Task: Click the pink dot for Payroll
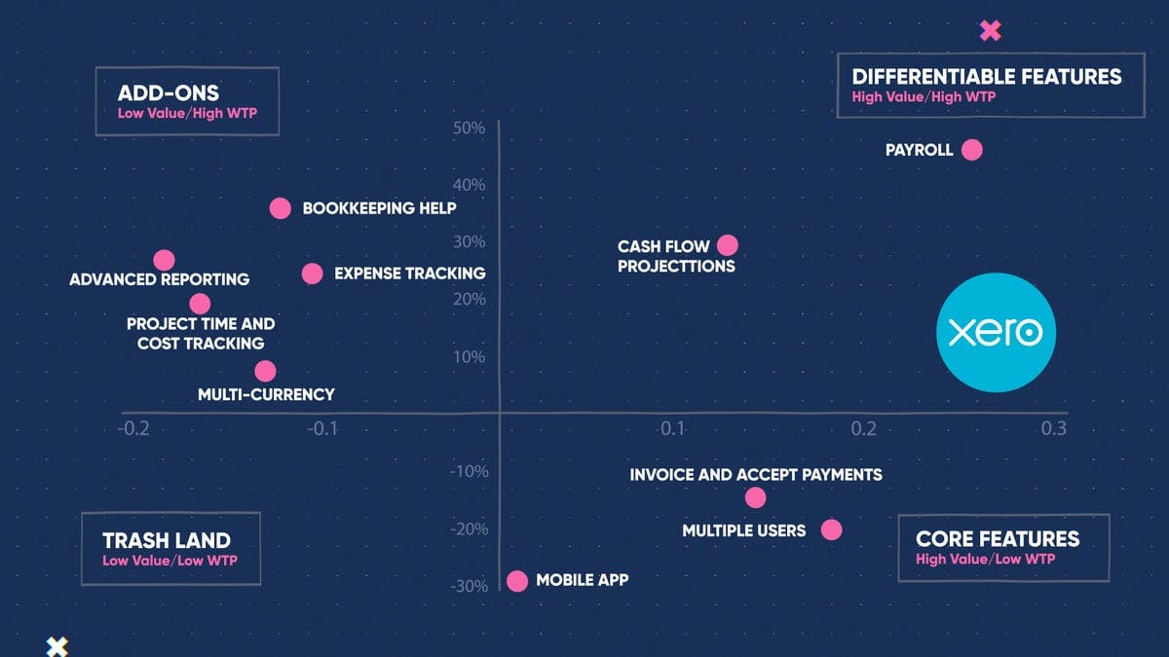971,150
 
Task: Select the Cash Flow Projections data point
727,245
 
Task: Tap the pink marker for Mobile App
517,581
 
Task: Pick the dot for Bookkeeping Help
280,207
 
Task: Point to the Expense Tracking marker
312,274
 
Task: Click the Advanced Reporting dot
164,260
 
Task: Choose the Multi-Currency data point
265,371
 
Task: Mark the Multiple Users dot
831,529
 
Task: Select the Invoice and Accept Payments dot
755,497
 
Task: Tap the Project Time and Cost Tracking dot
200,304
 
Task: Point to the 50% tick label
469,128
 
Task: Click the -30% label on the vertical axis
468,586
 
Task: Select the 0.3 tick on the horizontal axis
1053,428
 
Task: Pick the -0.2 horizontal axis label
133,428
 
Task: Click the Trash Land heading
167,540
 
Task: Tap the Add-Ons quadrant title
169,93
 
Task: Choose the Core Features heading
998,538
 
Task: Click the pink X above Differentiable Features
990,30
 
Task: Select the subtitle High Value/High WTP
924,96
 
